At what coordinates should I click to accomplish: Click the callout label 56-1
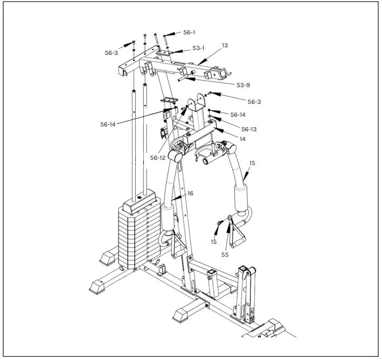pos(189,32)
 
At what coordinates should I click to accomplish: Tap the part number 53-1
pos(199,48)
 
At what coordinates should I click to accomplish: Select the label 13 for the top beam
pos(225,46)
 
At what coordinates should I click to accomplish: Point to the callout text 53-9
pos(244,85)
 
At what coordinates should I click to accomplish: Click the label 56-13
pos(249,129)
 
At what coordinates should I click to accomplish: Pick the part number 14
pos(242,139)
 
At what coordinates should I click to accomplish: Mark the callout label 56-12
pos(158,158)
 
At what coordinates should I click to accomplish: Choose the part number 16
pos(190,193)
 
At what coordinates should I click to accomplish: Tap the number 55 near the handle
pos(225,255)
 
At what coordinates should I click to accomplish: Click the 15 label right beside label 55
pos(214,242)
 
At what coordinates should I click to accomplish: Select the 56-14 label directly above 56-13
pos(238,115)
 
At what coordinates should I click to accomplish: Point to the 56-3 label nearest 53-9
pos(254,102)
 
